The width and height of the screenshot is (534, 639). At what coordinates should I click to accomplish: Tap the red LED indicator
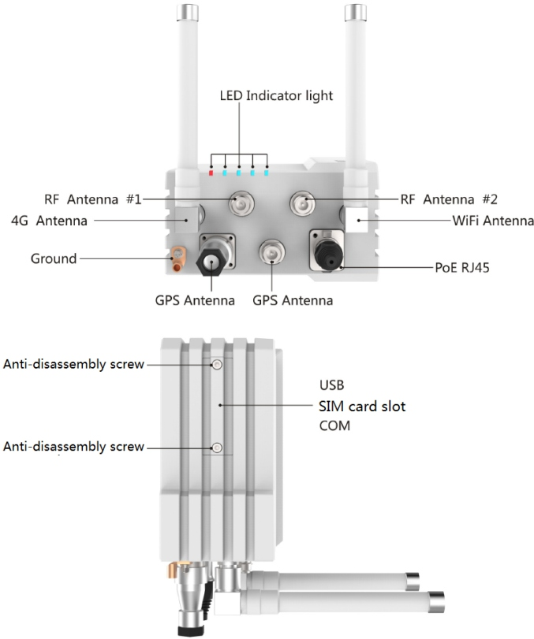(x=211, y=171)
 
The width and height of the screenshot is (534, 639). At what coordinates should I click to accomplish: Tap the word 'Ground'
(x=54, y=258)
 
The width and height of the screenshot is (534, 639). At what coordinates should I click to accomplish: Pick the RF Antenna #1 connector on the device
(x=240, y=206)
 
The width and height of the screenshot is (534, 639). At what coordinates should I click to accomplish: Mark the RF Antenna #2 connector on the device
(x=302, y=206)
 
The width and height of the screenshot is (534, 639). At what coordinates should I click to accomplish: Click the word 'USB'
(x=332, y=386)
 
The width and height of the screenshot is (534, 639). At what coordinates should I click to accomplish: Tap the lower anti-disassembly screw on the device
(x=217, y=448)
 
